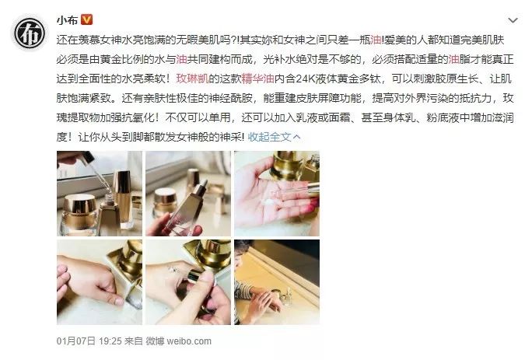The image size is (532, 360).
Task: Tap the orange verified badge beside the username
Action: click(86, 19)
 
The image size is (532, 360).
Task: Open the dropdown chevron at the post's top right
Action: click(511, 18)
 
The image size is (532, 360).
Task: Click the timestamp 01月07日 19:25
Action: click(89, 341)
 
